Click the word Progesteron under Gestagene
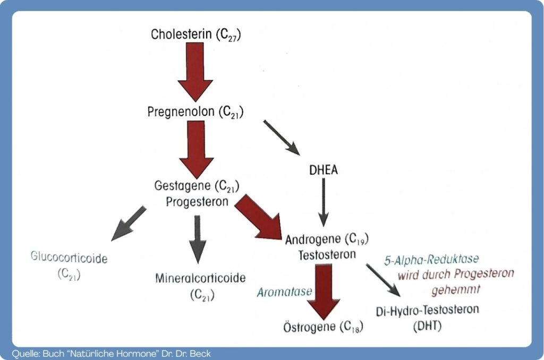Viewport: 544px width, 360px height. (x=197, y=202)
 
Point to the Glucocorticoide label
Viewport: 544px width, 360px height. (x=69, y=259)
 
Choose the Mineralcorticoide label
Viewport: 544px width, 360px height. (x=201, y=278)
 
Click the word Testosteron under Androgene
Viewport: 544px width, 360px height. (x=327, y=254)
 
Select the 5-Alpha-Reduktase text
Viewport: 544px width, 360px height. (x=431, y=260)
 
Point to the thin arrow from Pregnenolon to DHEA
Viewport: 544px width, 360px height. (x=282, y=138)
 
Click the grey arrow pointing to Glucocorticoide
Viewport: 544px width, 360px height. (x=129, y=223)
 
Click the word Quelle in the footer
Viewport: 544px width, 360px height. (x=21, y=353)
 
